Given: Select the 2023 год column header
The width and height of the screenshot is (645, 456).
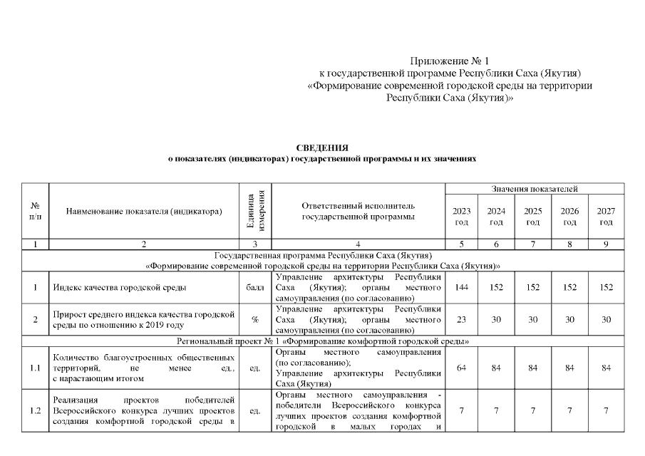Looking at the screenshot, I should [x=461, y=217].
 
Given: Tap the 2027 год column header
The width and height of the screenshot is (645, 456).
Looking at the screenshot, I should [x=606, y=217].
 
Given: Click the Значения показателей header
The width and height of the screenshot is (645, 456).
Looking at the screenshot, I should [x=534, y=189].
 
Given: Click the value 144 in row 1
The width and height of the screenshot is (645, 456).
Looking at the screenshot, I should [x=461, y=288].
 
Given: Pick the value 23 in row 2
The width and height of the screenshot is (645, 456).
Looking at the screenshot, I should [x=461, y=320].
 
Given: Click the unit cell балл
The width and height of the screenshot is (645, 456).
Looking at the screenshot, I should [x=255, y=288].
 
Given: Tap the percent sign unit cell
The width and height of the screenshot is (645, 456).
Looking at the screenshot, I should [x=255, y=320].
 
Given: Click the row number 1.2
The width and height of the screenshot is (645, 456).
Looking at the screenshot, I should [x=35, y=411].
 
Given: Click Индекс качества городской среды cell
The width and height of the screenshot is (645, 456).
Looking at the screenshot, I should [x=120, y=288].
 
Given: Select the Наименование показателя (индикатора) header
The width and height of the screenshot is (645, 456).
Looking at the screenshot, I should [x=143, y=211].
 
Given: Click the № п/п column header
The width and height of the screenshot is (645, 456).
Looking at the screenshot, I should [x=35, y=211].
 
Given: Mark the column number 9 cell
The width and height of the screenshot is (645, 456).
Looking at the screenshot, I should [x=606, y=244].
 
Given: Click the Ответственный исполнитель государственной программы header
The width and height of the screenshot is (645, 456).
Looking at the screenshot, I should [x=358, y=211].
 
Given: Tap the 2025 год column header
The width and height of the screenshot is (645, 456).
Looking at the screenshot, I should [x=533, y=217].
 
